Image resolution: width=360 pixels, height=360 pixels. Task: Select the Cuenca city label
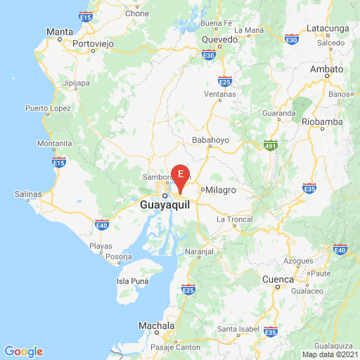pyautogui.click(x=278, y=279)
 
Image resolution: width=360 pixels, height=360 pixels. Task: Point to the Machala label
pyautogui.click(x=156, y=326)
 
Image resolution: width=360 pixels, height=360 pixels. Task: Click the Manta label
pyautogui.click(x=59, y=32)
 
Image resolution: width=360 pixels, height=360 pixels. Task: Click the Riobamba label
pyautogui.click(x=321, y=121)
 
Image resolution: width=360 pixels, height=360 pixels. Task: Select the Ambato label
pyautogui.click(x=326, y=69)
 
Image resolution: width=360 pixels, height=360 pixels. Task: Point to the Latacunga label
pyautogui.click(x=328, y=29)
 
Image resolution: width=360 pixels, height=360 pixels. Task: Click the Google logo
pyautogui.click(x=23, y=352)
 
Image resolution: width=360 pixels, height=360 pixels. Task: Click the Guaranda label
pyautogui.click(x=279, y=112)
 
